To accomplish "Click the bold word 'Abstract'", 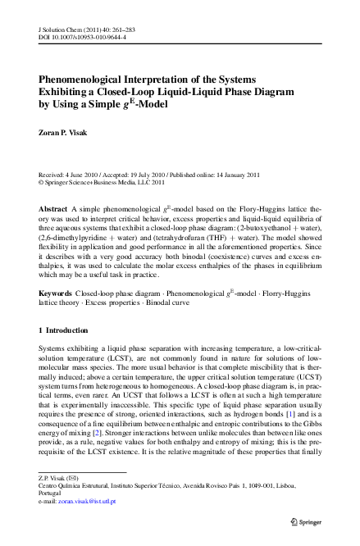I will (x=54, y=210).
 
